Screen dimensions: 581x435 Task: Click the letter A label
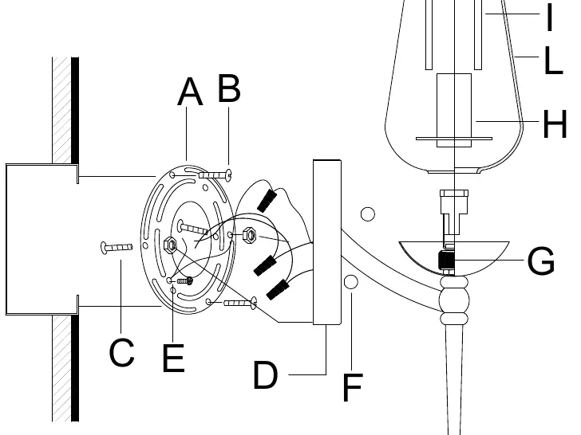[190, 92]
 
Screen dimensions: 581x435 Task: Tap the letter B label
[229, 88]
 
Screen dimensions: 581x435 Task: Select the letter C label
[121, 352]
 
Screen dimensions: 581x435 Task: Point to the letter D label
[265, 374]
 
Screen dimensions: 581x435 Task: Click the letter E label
[173, 358]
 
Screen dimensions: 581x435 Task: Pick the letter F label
[353, 387]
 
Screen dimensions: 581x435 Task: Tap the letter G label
[541, 261]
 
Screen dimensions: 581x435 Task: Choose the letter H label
[555, 124]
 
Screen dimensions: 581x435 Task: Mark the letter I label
[550, 17]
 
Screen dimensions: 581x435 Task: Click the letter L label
[554, 61]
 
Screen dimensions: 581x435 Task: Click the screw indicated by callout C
[117, 247]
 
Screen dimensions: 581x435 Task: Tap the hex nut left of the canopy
[249, 235]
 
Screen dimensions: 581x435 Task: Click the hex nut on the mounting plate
[170, 245]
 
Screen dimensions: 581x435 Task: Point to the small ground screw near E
[185, 281]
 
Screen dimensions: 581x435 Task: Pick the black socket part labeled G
[446, 260]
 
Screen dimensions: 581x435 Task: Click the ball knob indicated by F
[350, 282]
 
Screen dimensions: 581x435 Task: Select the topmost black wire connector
[267, 200]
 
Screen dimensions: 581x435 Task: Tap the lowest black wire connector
[278, 290]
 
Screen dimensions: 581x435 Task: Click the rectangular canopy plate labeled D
[327, 242]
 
